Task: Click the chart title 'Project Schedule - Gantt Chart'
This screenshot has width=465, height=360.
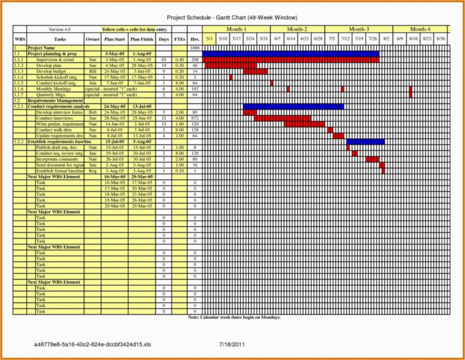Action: (x=232, y=18)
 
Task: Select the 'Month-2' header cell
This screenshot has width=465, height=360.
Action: (x=297, y=29)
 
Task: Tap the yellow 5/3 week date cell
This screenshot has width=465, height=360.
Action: (x=209, y=39)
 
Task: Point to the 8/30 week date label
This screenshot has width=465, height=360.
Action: (x=442, y=39)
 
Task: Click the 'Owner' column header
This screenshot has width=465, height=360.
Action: (x=93, y=39)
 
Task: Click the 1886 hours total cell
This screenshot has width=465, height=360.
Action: (x=194, y=48)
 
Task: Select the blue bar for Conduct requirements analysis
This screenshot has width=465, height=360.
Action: (x=293, y=106)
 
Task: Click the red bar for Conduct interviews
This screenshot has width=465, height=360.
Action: (x=282, y=119)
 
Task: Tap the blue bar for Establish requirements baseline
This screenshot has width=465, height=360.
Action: (x=365, y=142)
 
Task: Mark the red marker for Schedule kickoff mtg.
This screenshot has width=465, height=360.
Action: (x=231, y=77)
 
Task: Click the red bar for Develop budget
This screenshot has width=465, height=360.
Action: (x=255, y=71)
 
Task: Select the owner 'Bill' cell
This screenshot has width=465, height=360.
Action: (x=93, y=71)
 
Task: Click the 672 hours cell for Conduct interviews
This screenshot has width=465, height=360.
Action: (x=194, y=119)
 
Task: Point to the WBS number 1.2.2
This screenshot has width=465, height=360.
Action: (x=19, y=142)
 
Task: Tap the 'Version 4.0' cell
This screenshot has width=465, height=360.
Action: (x=60, y=29)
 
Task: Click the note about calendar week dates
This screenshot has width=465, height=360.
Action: (x=234, y=318)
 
